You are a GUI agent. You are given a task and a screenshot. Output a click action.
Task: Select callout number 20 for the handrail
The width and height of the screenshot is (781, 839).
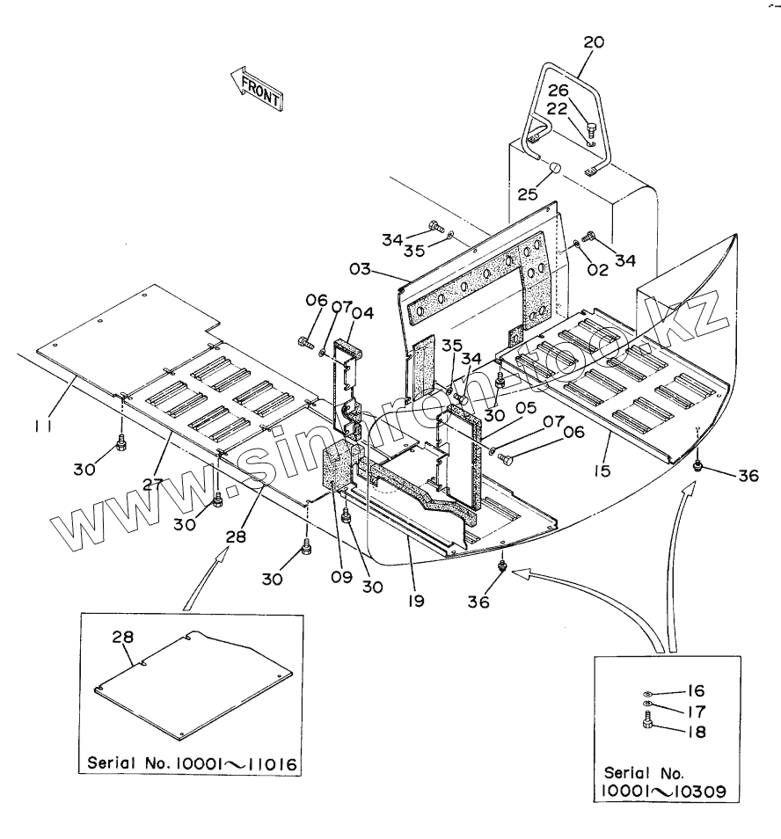[595, 41]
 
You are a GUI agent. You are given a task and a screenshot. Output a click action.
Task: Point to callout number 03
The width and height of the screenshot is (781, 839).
[384, 266]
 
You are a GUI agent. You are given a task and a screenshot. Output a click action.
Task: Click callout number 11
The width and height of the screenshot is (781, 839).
[43, 426]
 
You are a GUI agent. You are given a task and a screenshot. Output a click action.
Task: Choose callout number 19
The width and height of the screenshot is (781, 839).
[415, 602]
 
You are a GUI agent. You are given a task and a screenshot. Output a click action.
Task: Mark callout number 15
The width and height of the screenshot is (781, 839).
[602, 471]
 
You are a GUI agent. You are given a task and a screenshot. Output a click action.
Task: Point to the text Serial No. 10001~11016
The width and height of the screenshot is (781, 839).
[192, 762]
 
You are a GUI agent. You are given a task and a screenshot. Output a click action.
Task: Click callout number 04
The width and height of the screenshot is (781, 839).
[363, 312]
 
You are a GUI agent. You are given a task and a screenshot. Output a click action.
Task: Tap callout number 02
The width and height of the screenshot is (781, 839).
[598, 271]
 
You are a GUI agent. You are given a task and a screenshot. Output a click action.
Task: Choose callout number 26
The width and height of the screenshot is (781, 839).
[559, 90]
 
